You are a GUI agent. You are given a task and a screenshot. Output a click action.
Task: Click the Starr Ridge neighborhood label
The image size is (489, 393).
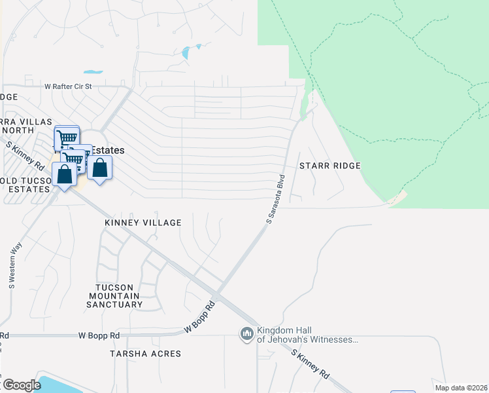click(x=330, y=166)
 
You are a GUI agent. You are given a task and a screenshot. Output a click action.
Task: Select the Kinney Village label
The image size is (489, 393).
click(x=143, y=223)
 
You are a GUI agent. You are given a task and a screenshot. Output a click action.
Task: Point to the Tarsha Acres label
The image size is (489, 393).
click(x=146, y=354)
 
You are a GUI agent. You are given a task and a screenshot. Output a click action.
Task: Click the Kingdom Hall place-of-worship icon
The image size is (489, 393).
click(x=247, y=335)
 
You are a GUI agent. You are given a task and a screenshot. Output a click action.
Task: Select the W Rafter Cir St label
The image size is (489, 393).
click(x=78, y=86)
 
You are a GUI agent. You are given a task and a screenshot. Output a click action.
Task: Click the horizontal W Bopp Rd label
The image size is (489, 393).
click(x=99, y=335)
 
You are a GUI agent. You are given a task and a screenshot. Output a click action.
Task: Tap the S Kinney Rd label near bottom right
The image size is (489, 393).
click(x=310, y=364)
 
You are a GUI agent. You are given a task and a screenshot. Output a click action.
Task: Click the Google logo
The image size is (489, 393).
click(x=21, y=385)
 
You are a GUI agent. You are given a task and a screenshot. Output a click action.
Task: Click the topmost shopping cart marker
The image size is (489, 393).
click(x=67, y=138)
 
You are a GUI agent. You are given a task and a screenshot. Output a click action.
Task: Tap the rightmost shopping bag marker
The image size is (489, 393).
click(x=99, y=168)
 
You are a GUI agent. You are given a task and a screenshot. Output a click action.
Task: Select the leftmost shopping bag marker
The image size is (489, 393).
click(x=64, y=175)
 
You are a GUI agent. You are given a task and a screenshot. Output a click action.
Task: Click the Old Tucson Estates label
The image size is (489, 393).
click(x=25, y=185)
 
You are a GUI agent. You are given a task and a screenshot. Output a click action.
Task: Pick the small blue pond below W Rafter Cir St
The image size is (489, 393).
click(x=93, y=71)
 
